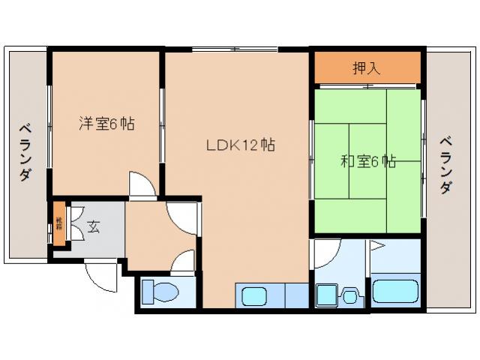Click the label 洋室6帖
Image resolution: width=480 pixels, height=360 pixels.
(x=107, y=124)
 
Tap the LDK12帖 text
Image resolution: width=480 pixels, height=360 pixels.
(x=240, y=145)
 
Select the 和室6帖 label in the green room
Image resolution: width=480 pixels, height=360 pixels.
(x=368, y=160)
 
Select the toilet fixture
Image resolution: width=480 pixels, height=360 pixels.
(x=160, y=292)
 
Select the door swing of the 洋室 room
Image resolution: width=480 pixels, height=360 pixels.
(x=140, y=184)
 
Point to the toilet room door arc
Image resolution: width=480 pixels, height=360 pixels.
(x=183, y=262)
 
